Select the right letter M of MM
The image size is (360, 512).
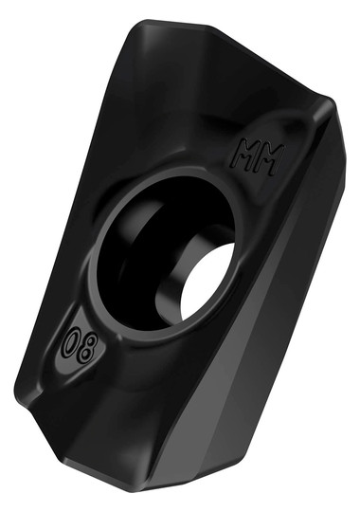[x=272, y=160]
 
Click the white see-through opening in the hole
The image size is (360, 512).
[x=208, y=280]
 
